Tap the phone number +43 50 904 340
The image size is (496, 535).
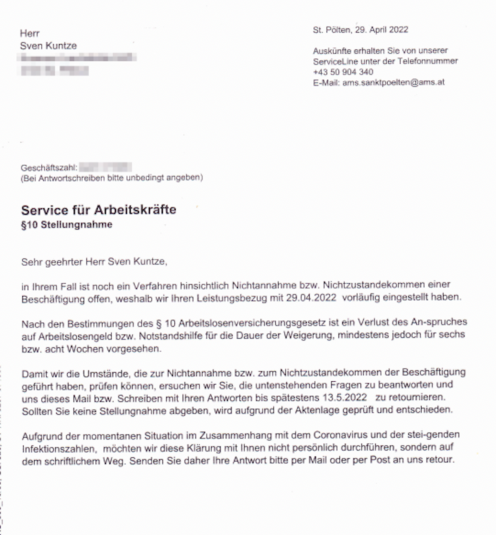point(343,72)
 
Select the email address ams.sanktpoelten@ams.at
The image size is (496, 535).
point(393,82)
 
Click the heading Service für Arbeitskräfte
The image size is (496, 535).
point(99,210)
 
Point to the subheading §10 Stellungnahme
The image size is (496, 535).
point(67,225)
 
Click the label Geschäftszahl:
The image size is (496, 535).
point(49,168)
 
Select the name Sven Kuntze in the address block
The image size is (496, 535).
point(48,46)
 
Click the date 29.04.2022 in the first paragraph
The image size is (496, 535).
point(311,297)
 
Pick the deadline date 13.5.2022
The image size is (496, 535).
point(344,398)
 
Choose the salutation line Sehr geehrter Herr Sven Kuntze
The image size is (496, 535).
point(94,262)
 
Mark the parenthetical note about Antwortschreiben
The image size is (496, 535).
point(112,178)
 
